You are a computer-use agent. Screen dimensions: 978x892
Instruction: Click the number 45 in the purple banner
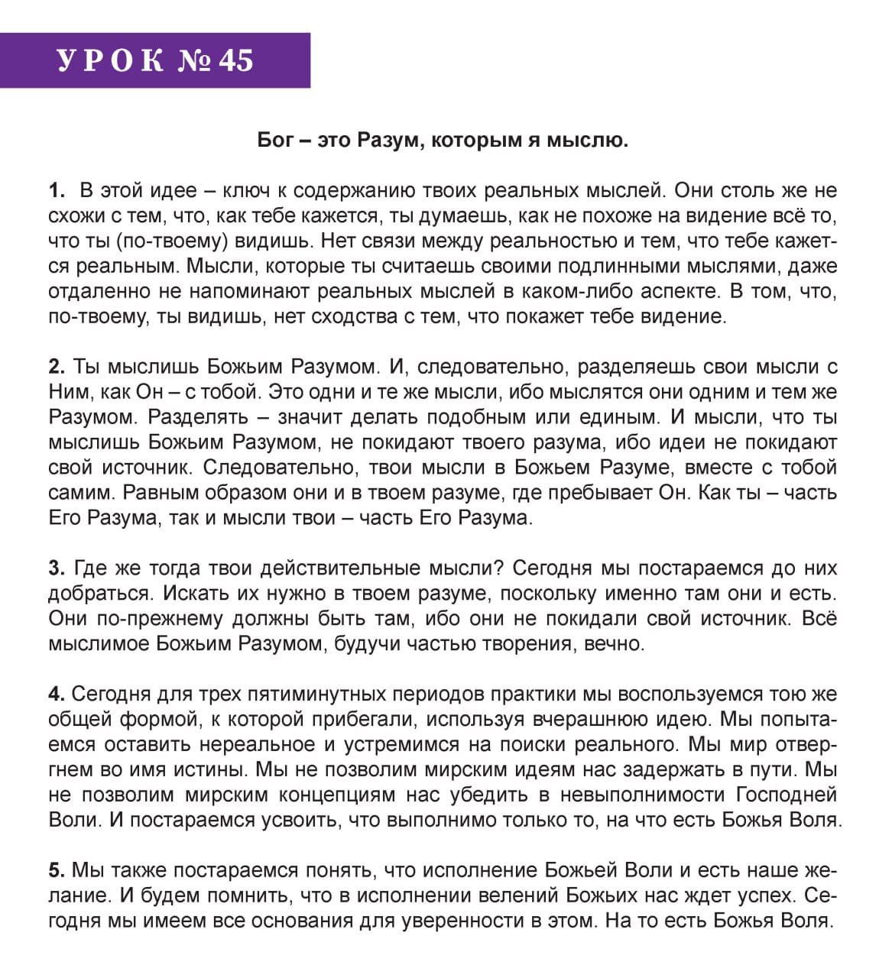pos(235,60)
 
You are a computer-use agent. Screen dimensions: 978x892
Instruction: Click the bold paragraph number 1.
pos(55,190)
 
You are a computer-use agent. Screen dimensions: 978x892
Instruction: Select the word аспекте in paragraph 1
pos(677,291)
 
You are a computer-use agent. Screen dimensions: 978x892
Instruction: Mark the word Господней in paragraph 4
pos(787,795)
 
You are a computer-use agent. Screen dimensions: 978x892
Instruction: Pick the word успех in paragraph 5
pos(757,895)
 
